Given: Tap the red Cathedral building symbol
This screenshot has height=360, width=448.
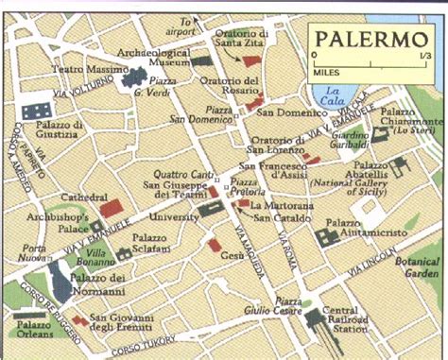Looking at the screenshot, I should (x=111, y=208).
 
